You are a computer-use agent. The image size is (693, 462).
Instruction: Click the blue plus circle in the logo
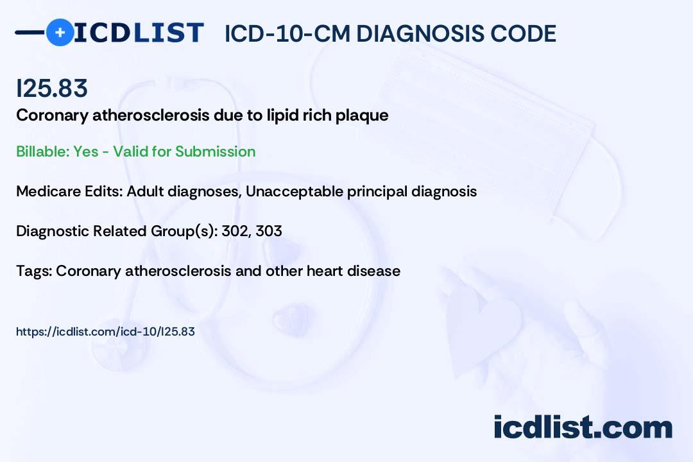(x=60, y=32)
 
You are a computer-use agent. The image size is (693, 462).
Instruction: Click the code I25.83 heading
(x=52, y=88)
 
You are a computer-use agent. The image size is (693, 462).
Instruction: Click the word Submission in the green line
(x=215, y=151)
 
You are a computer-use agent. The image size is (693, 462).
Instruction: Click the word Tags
(x=34, y=271)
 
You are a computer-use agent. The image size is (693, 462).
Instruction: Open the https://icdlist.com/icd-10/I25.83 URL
(x=105, y=332)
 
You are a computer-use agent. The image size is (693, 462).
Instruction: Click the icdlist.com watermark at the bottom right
(x=583, y=427)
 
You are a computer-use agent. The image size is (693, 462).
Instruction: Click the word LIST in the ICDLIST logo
(x=168, y=33)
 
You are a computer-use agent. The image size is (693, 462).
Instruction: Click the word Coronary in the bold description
(x=52, y=116)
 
